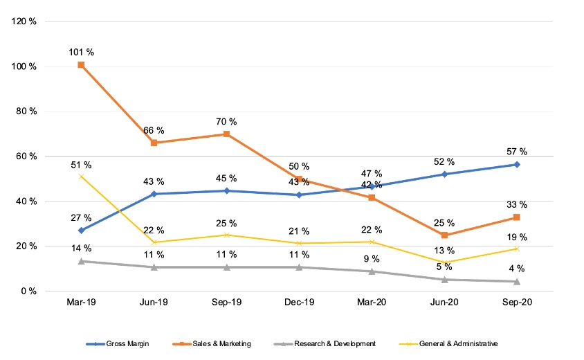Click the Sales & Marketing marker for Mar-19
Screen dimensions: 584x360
(81, 65)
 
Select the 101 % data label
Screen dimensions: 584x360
(81, 52)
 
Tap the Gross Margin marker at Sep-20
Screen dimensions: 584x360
(517, 164)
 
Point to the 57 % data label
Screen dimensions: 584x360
(517, 152)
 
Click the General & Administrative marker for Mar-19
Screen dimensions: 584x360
(81, 177)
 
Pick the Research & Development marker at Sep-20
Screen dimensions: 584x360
(517, 282)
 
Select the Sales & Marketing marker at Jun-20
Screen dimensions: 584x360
(444, 235)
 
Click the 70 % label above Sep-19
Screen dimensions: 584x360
(226, 121)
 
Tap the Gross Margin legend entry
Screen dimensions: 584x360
(118, 343)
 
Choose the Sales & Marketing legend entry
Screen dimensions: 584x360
(212, 343)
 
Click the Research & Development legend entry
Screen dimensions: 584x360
(325, 343)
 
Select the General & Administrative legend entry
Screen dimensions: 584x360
(448, 343)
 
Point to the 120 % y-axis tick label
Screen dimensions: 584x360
(24, 21)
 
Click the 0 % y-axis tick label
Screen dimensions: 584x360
(28, 291)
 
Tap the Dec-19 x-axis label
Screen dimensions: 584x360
(299, 302)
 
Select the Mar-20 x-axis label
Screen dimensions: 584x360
(372, 302)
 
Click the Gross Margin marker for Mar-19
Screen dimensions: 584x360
(81, 231)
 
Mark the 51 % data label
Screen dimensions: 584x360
(81, 165)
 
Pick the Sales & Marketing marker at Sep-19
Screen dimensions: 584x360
(226, 134)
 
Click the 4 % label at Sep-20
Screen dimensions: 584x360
(517, 269)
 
